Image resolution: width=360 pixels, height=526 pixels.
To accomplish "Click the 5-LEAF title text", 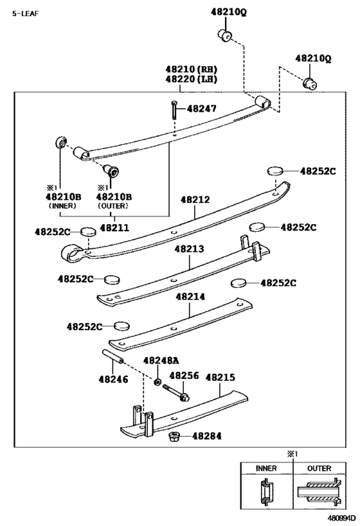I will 26,13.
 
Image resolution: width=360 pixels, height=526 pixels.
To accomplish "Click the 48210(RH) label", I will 191,69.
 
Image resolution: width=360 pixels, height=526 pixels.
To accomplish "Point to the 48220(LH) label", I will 191,79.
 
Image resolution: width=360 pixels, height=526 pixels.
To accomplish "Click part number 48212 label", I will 195,200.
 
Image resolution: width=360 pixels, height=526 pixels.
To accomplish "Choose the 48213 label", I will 190,248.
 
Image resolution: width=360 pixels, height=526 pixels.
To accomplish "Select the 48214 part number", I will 190,297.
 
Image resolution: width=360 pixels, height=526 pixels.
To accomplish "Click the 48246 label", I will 113,380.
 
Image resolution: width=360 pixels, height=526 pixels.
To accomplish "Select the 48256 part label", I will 184,376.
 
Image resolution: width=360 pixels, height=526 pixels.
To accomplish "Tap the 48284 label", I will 206,436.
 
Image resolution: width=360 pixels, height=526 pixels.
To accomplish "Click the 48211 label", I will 114,227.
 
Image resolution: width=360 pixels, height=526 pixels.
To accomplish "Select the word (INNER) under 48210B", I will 62,206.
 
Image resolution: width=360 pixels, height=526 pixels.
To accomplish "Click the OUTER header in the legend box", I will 319,468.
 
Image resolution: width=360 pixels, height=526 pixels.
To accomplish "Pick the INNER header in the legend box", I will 266,468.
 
